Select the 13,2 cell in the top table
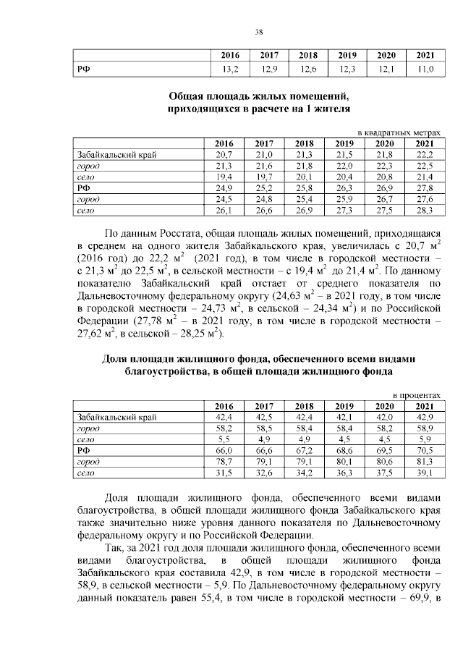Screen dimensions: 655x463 point(229,69)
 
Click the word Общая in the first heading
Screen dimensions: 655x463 point(188,97)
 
